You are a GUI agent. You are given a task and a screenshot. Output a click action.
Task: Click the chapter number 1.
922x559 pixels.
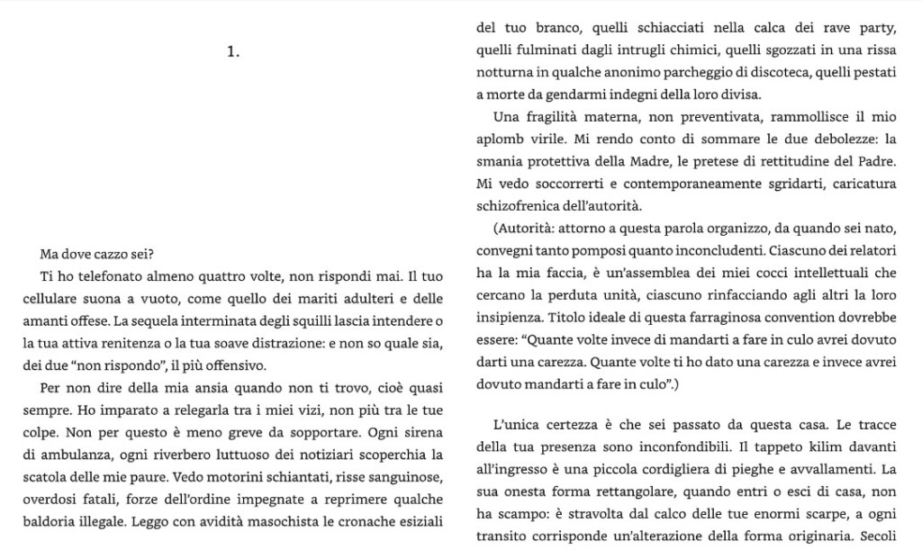click(x=233, y=52)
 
